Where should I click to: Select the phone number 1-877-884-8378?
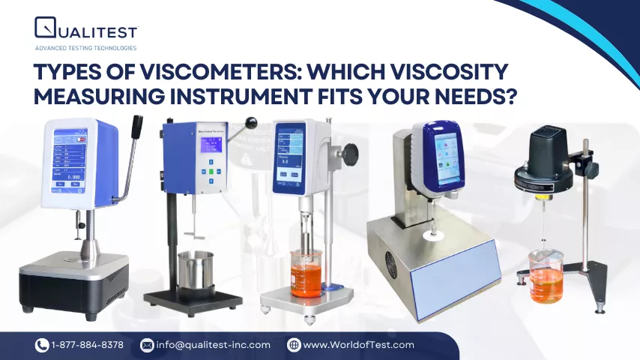pyautogui.click(x=88, y=345)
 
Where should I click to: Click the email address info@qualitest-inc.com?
pyautogui.click(x=213, y=345)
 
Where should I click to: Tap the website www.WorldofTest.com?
pyautogui.click(x=358, y=345)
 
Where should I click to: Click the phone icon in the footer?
pyautogui.click(x=42, y=345)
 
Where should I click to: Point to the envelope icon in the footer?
pyautogui.click(x=147, y=345)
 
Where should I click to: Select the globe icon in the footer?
pyautogui.click(x=294, y=345)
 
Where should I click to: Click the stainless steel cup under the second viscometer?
pyautogui.click(x=195, y=269)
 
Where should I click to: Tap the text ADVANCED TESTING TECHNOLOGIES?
pyautogui.click(x=85, y=48)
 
